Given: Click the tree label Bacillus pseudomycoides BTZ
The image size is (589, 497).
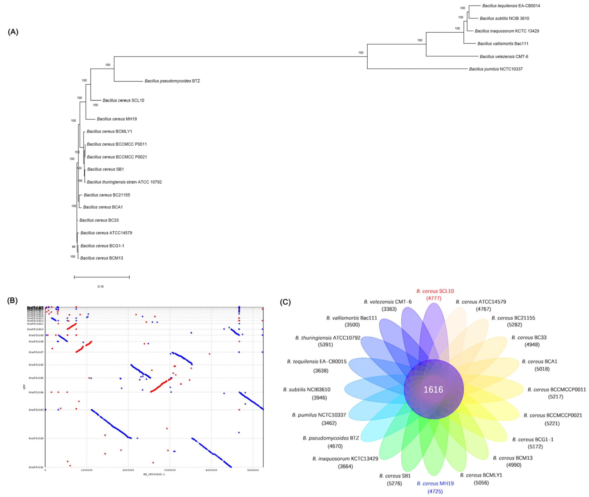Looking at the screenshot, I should (172, 81).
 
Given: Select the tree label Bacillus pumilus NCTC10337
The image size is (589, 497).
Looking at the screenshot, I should (496, 69).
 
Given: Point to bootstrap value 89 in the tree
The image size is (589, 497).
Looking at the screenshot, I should (74, 247).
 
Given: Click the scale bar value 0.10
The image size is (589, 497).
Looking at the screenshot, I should (101, 287).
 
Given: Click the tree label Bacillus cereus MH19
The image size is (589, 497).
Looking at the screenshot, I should (117, 119).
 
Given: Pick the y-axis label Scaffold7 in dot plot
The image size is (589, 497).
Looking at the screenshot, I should (36, 352).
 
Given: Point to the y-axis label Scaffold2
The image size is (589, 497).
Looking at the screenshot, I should (36, 438).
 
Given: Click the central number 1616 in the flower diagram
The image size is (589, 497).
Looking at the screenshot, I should (433, 390).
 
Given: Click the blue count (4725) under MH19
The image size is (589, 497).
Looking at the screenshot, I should (435, 491).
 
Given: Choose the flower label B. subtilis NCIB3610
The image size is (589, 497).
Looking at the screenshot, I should (307, 390).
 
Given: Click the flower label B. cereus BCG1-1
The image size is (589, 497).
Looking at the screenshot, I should (533, 440).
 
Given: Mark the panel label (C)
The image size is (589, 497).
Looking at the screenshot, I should (285, 302).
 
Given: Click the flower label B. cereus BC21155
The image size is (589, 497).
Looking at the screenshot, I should (513, 318).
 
